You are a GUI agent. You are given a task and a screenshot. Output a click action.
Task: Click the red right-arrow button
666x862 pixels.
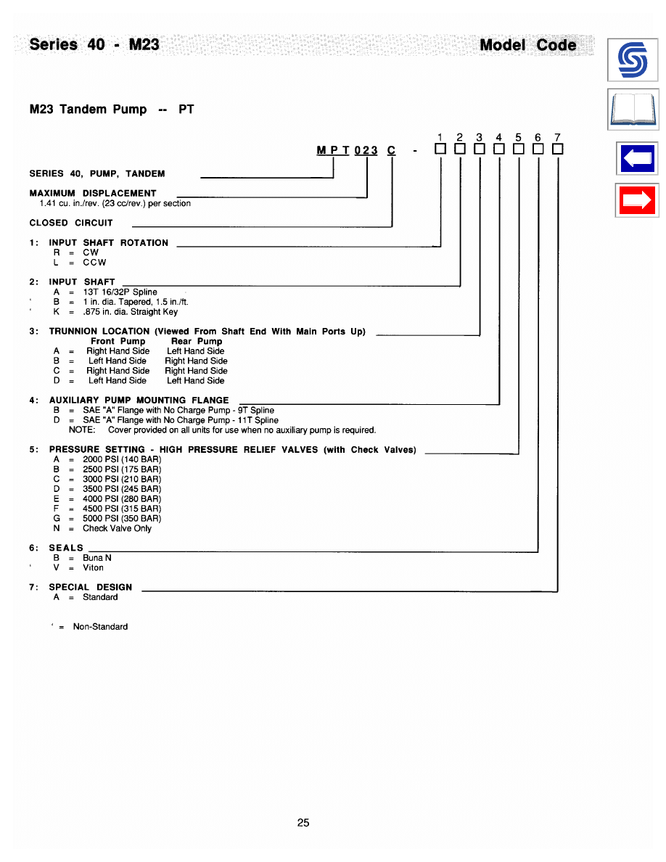coord(637,200)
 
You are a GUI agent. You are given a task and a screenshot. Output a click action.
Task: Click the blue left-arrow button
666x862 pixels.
coord(637,157)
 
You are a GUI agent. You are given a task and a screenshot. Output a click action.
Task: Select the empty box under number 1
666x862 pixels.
coord(440,150)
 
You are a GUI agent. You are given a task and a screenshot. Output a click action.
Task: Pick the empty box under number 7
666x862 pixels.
coord(557,150)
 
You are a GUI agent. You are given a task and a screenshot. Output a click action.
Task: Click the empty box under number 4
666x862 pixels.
coord(498,150)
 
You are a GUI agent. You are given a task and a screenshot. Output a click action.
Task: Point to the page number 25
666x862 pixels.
coord(303,823)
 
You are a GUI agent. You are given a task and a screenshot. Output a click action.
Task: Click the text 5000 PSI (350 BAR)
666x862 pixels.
coord(122,519)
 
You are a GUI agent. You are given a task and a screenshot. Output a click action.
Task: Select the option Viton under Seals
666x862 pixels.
coord(93,568)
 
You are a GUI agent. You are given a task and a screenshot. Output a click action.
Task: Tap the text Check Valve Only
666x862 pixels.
coord(117,529)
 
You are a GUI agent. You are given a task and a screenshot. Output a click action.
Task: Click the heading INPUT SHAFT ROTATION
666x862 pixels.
coord(108,243)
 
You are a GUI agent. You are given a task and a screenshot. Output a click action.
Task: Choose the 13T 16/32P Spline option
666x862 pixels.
coord(120,292)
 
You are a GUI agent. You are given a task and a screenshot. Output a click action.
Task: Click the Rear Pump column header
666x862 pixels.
coord(197,341)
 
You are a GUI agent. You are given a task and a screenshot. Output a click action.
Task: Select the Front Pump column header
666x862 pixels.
coord(118,341)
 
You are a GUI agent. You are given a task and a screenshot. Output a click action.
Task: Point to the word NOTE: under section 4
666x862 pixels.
coord(82,430)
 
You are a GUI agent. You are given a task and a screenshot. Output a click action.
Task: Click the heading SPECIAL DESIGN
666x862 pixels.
coord(91,587)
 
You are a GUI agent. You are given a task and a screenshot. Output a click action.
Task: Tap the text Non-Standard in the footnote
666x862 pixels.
coord(100,627)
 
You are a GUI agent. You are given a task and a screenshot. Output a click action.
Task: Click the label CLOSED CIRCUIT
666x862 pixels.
coord(71,223)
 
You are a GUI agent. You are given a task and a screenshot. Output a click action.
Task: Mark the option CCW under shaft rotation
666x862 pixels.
coord(94,263)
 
